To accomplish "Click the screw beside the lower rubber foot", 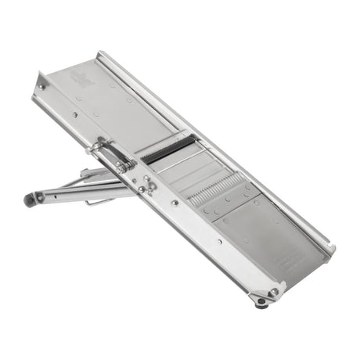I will coord(273,293).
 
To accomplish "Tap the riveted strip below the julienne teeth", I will coord(228,201).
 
